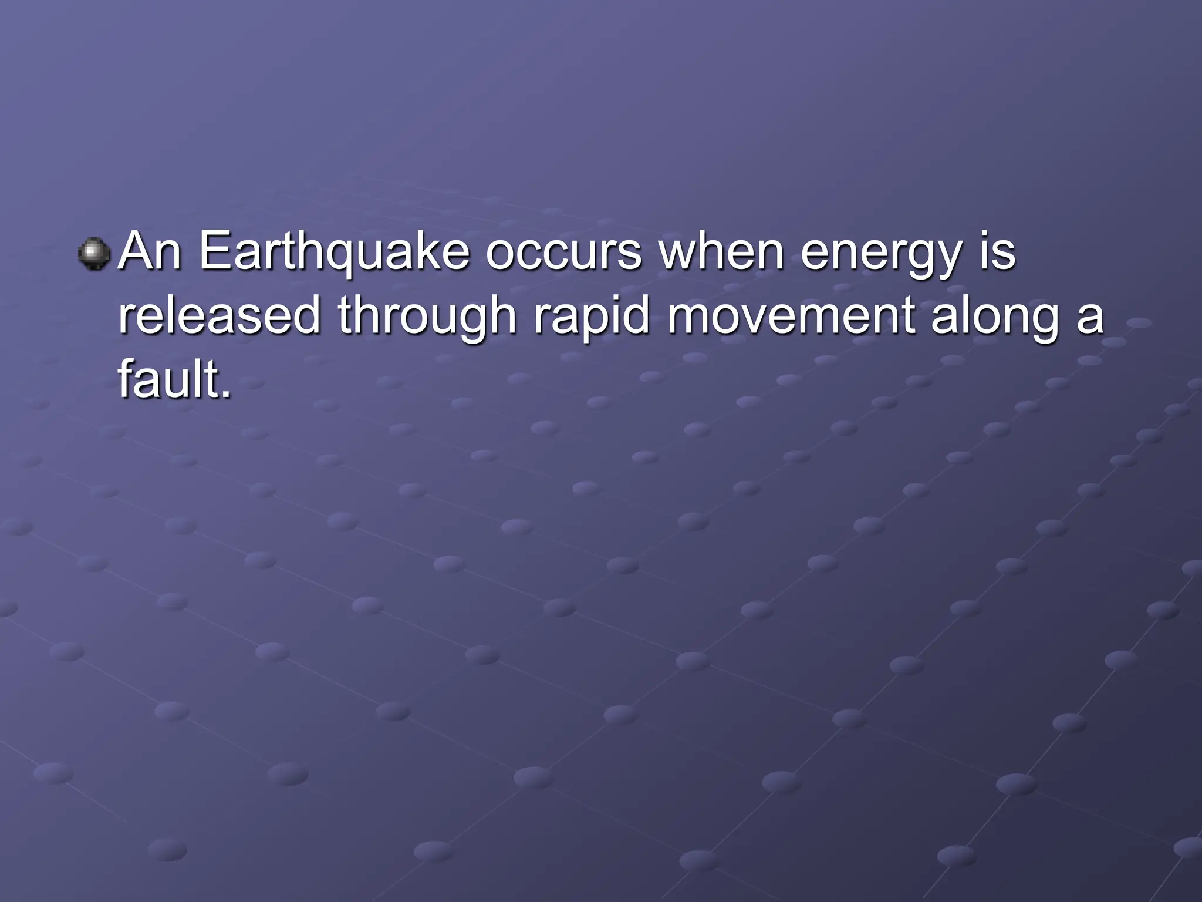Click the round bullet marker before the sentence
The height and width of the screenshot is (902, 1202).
(x=94, y=254)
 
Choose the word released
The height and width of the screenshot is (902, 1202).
(x=220, y=315)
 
